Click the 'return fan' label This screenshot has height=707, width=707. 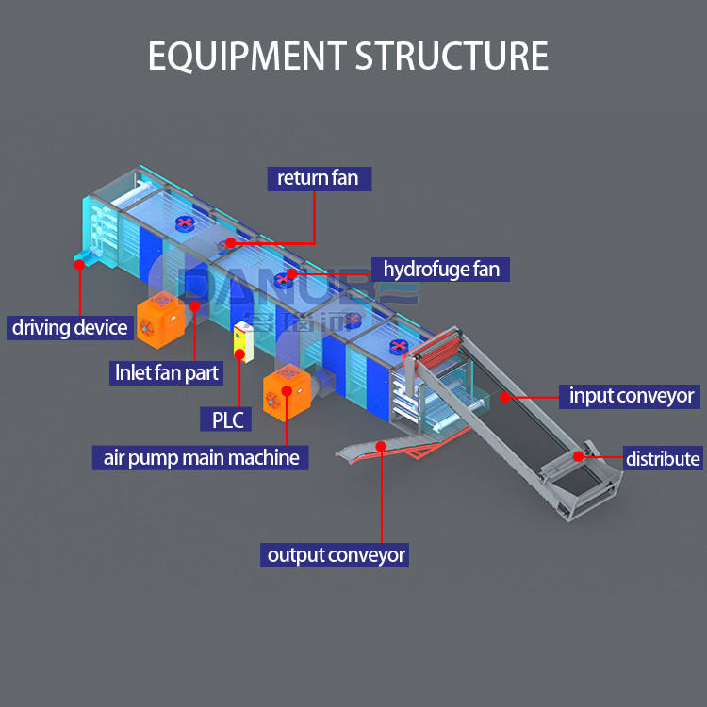(318, 178)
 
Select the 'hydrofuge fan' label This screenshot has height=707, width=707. (440, 269)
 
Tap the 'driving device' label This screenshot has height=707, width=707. (69, 327)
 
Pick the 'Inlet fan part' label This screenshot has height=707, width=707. (166, 372)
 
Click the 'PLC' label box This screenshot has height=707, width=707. (227, 418)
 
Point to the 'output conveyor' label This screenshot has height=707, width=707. (336, 554)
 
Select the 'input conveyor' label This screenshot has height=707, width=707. (631, 396)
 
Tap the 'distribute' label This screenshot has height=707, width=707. (663, 459)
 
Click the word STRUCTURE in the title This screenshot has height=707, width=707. (452, 56)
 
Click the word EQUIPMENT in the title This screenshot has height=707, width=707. (247, 56)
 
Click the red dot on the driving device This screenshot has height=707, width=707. (79, 264)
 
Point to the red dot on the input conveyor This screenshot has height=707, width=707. (504, 397)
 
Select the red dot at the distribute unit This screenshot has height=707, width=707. (579, 457)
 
